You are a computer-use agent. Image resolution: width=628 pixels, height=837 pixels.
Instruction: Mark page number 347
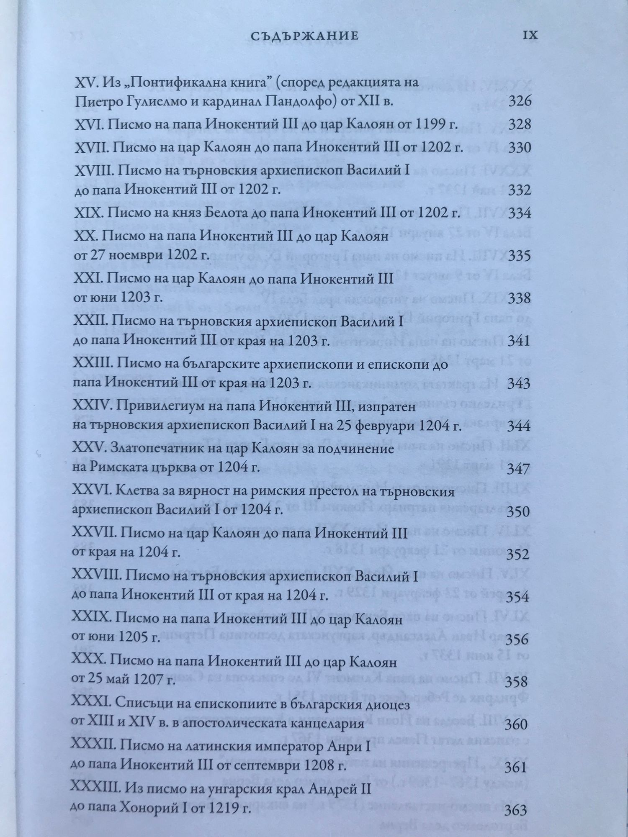(519, 469)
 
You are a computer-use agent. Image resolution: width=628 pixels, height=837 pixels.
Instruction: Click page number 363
(516, 811)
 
